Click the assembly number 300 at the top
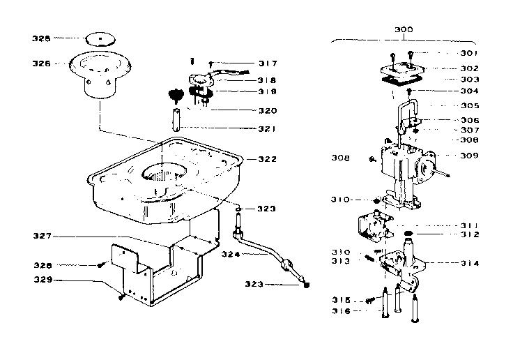[403, 29]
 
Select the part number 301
[470, 53]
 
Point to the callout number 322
[266, 159]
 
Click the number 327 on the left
[43, 237]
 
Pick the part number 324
[231, 254]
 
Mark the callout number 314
[470, 263]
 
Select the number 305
[470, 106]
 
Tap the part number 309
[470, 156]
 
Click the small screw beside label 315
[369, 300]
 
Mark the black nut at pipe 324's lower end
[307, 285]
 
